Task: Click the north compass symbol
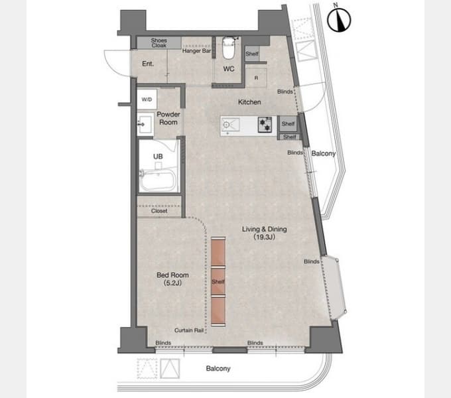(339, 20)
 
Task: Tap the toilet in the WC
(229, 48)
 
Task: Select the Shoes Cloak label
(159, 43)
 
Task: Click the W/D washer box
(147, 99)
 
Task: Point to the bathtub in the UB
(158, 180)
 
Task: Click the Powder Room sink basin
(145, 125)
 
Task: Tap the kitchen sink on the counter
(230, 125)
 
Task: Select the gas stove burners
(265, 124)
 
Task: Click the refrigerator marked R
(256, 78)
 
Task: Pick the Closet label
(159, 211)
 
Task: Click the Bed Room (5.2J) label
(172, 279)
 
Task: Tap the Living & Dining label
(265, 233)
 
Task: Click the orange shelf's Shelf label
(218, 281)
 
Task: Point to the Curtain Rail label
(189, 330)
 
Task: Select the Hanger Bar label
(196, 51)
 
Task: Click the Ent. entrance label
(148, 64)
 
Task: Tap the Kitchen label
(249, 102)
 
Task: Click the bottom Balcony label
(218, 368)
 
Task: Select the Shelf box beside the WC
(252, 54)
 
